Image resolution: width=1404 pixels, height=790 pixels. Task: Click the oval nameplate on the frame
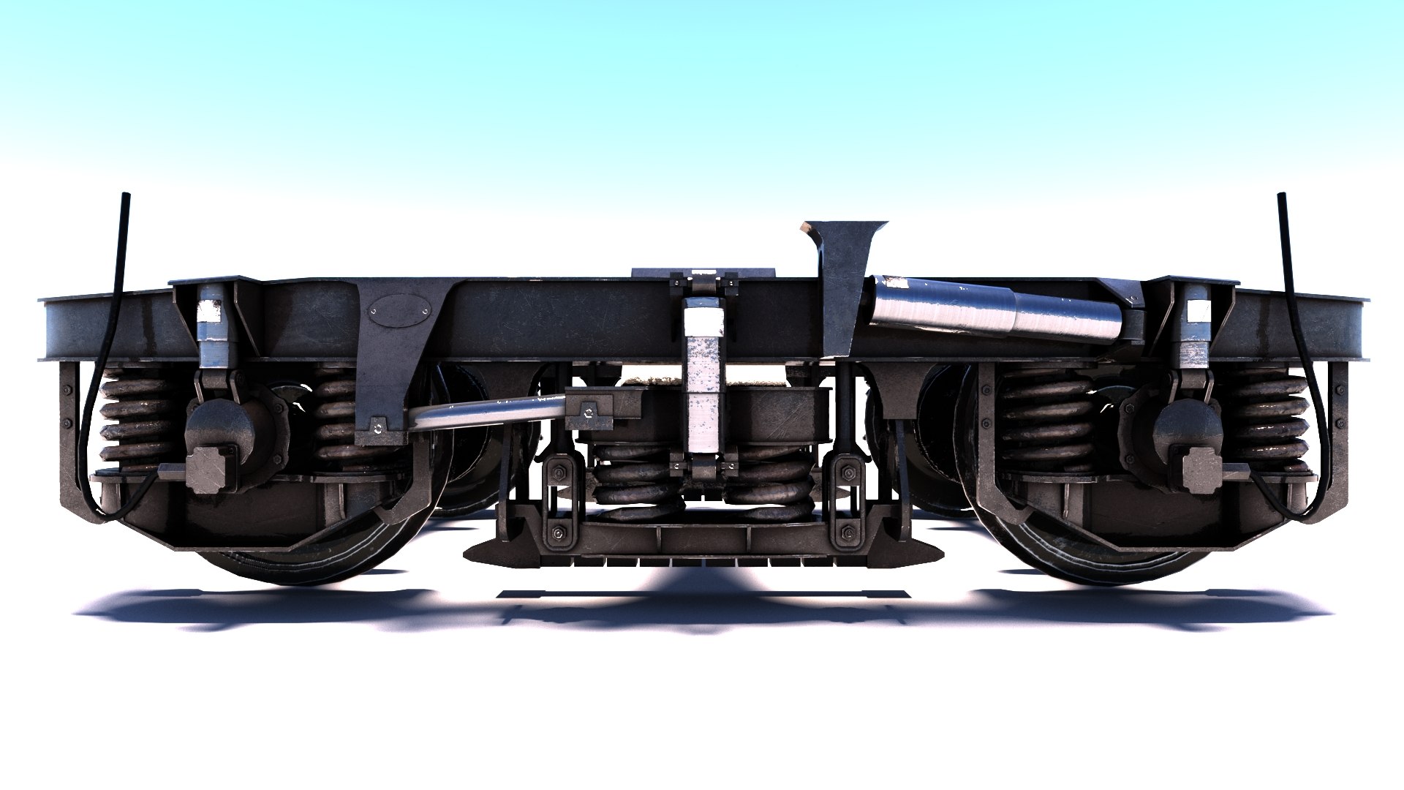pos(399,309)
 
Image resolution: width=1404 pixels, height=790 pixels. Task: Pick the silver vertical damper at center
pos(703,380)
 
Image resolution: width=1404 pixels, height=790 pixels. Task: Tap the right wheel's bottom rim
pos(1104,574)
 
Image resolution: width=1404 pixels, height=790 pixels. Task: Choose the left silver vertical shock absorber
pos(213,329)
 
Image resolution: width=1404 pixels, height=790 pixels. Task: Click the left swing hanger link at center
pos(559,501)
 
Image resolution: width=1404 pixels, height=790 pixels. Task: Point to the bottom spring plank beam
pos(702,541)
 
